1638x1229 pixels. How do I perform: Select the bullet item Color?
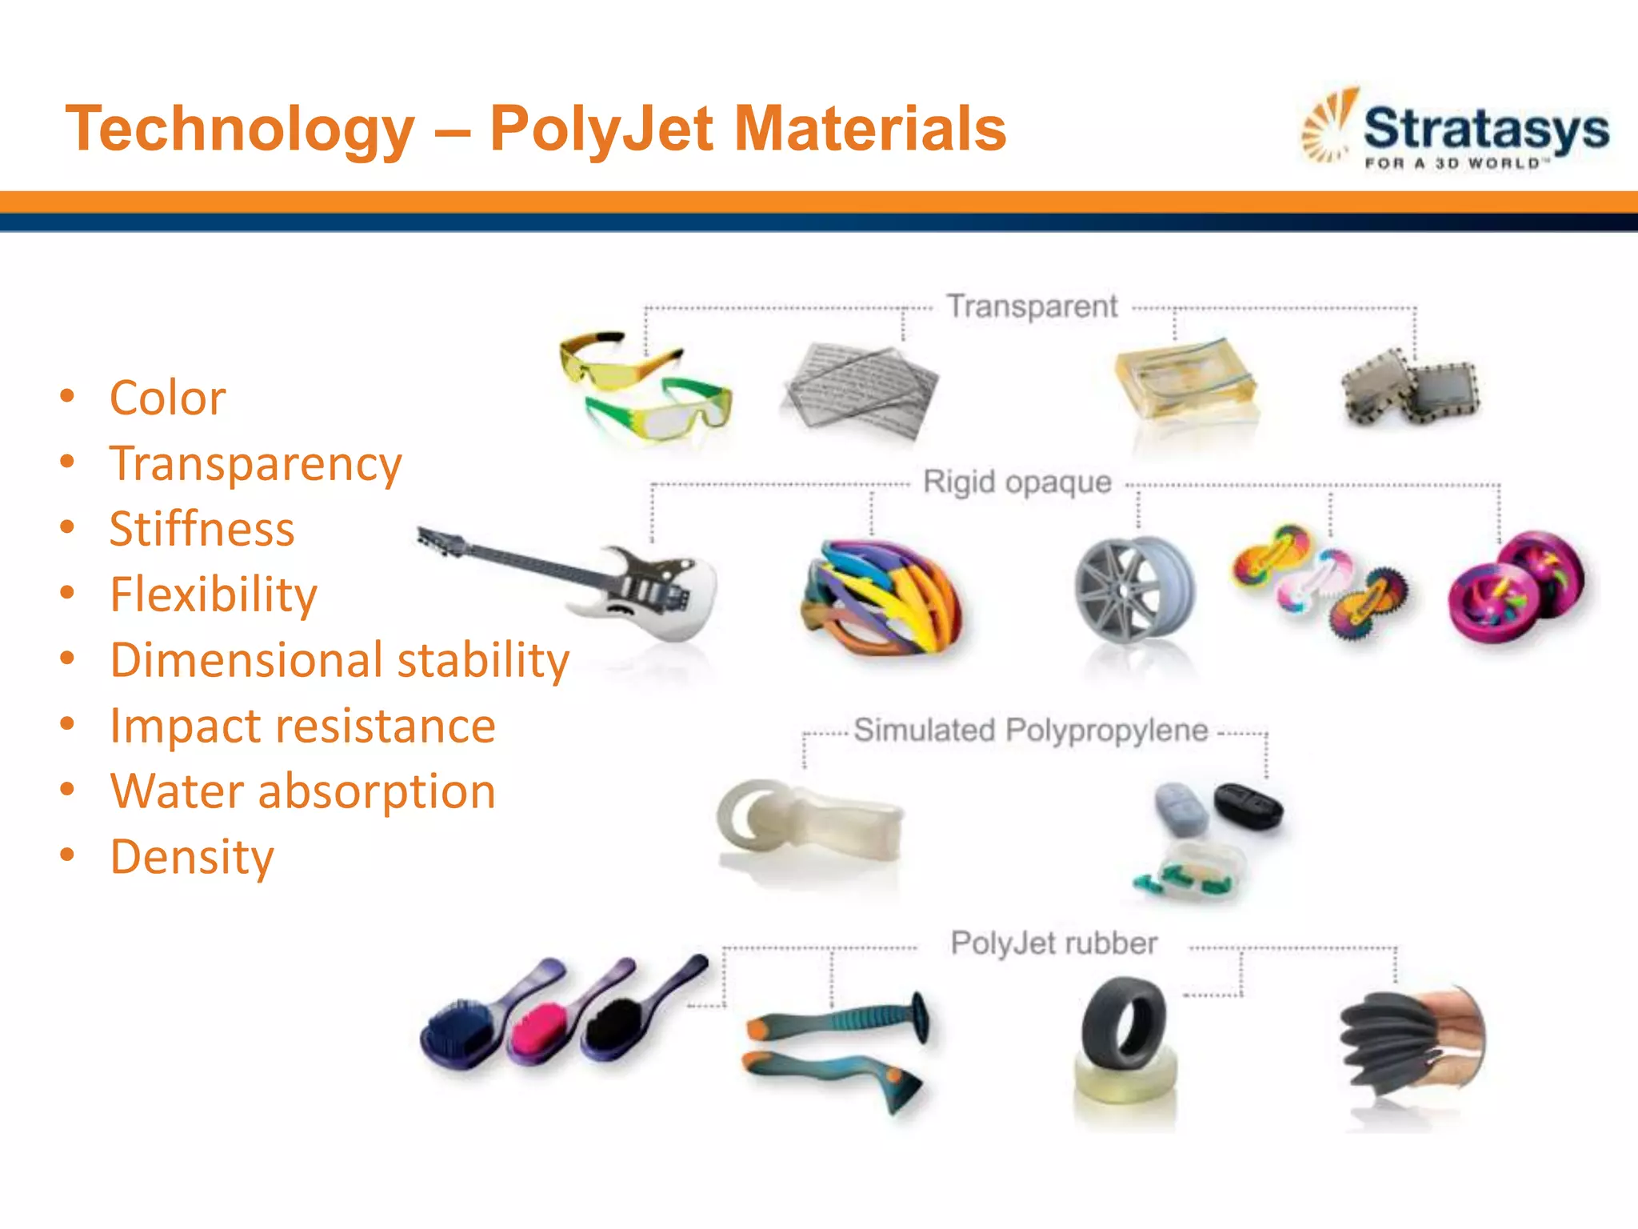[x=167, y=398]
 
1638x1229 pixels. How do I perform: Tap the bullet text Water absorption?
[x=302, y=791]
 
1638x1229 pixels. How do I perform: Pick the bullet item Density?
[x=192, y=857]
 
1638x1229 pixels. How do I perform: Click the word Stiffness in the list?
[x=202, y=529]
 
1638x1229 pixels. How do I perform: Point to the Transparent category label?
[x=1032, y=306]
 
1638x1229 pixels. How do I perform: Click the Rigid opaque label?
[x=1017, y=482]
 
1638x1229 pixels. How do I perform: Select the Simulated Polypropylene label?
[x=1030, y=731]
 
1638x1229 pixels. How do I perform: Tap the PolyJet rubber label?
[x=1053, y=943]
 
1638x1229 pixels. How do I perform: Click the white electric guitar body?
[x=656, y=596]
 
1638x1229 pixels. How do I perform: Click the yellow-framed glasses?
[x=616, y=360]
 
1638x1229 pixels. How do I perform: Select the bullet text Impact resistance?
[x=302, y=726]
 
